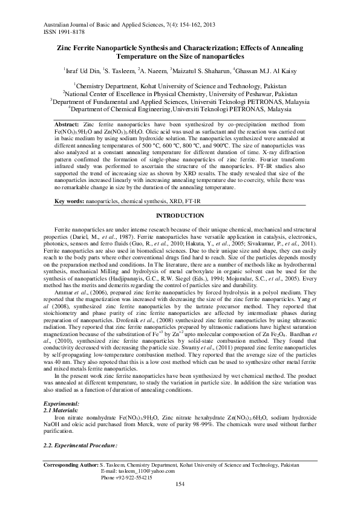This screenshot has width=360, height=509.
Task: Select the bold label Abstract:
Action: point(67,123)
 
